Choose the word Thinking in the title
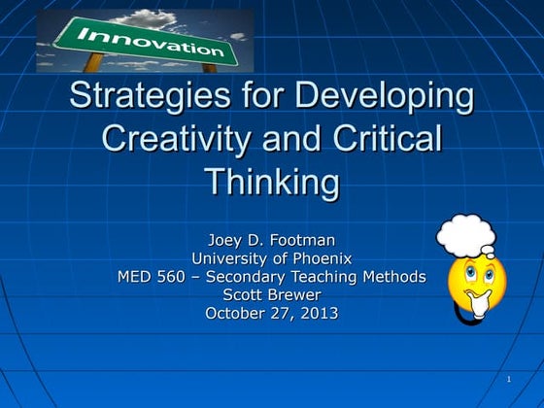point(272,181)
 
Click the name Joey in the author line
point(226,240)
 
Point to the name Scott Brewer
point(272,294)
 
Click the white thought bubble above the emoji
point(465,236)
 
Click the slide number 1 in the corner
point(509,378)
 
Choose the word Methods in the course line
point(395,277)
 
